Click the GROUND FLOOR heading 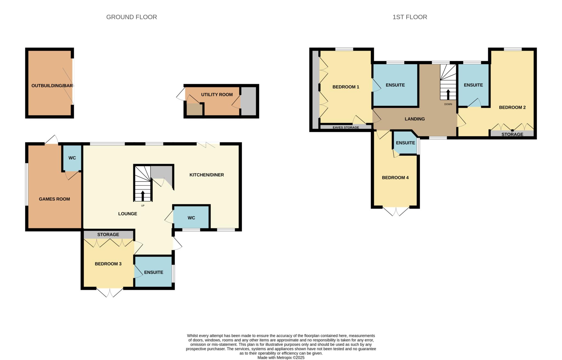pyautogui.click(x=131, y=17)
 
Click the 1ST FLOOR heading pyautogui.click(x=409, y=17)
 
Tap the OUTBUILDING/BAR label pyautogui.click(x=52, y=86)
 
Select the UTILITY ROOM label pyautogui.click(x=217, y=94)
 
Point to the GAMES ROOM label pyautogui.click(x=54, y=199)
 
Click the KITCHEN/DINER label pyautogui.click(x=207, y=175)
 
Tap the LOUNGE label pyautogui.click(x=128, y=213)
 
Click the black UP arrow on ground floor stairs pyautogui.click(x=143, y=196)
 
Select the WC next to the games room pyautogui.click(x=72, y=158)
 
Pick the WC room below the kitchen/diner pyautogui.click(x=191, y=218)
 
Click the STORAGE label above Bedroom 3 pyautogui.click(x=108, y=234)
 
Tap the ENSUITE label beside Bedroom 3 pyautogui.click(x=154, y=272)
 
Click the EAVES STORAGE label pyautogui.click(x=346, y=127)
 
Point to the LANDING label pyautogui.click(x=415, y=119)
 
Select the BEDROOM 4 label pyautogui.click(x=395, y=178)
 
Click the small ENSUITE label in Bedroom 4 pyautogui.click(x=405, y=143)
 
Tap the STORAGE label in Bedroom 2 pyautogui.click(x=512, y=134)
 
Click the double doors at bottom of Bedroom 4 pyautogui.click(x=396, y=211)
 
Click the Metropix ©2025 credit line pyautogui.click(x=281, y=358)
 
